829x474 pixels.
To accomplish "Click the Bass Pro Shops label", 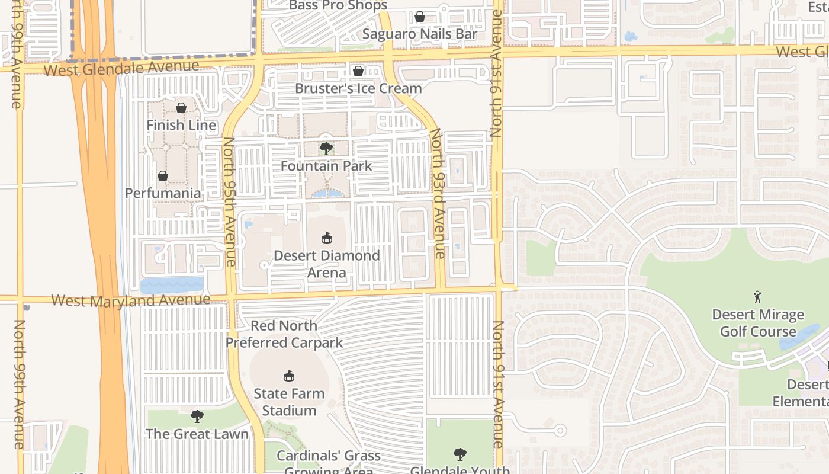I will (338, 6).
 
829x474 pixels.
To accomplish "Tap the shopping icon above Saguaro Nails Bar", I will (420, 17).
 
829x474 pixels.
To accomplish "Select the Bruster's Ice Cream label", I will (359, 88).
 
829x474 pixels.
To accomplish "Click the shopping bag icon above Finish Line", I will (181, 108).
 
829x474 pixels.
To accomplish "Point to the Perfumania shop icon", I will (163, 176).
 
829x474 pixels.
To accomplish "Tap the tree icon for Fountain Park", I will (326, 148).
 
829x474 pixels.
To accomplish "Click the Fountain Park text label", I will (326, 166).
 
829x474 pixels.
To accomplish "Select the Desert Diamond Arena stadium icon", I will (326, 238).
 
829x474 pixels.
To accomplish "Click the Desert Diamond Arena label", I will (326, 264).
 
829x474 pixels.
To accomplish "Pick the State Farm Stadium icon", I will (289, 376).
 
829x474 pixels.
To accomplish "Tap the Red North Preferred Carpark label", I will (284, 334).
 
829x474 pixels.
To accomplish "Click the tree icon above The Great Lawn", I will (197, 417).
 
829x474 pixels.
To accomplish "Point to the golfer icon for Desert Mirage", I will (757, 297).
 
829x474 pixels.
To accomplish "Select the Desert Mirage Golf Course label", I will (758, 323).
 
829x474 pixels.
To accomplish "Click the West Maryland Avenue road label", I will (131, 300).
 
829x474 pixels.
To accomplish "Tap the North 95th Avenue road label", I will (230, 201).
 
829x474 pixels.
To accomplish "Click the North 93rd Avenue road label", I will (438, 194).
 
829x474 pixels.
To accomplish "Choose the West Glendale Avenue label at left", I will (121, 68).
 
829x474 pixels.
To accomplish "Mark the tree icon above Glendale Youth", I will (460, 454).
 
